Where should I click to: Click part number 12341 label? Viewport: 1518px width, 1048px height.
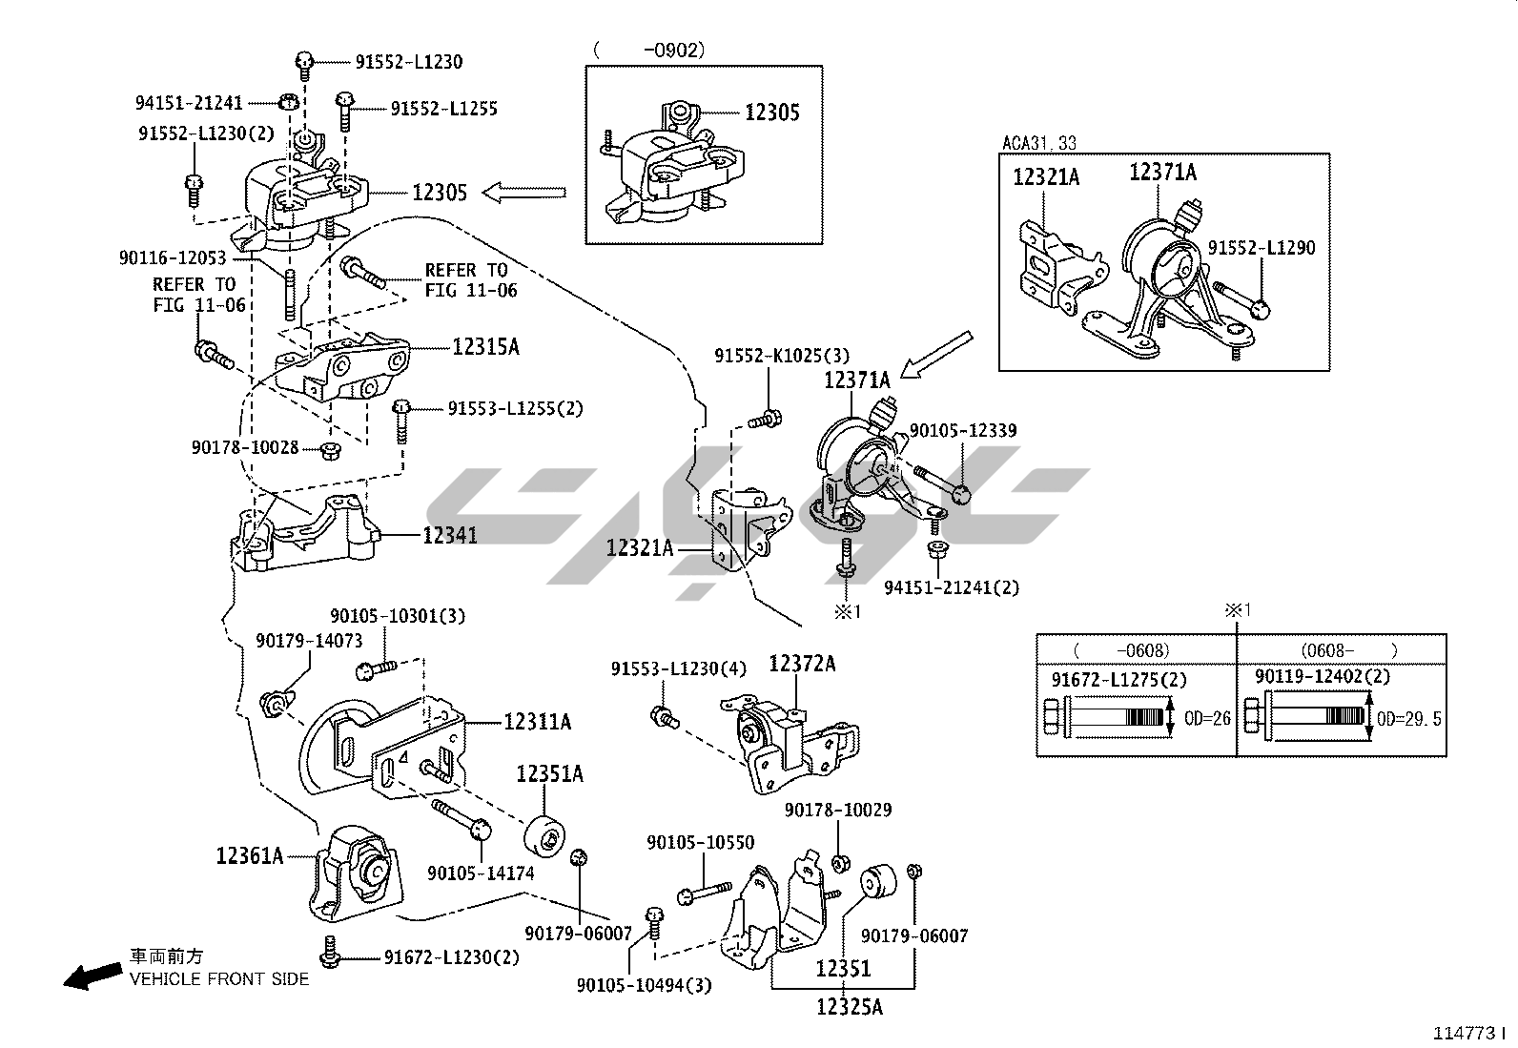[x=450, y=536]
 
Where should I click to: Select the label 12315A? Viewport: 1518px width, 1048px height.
[x=485, y=346]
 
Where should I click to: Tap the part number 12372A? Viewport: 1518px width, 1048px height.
[x=802, y=664]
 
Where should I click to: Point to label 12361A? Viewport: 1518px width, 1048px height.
[x=250, y=855]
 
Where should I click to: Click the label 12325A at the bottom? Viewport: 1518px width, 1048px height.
[x=850, y=1005]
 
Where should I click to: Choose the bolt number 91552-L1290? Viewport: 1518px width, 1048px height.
[x=1262, y=248]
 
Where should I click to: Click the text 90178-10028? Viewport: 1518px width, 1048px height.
[x=245, y=447]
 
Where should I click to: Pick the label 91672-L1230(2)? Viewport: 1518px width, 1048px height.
[x=452, y=956]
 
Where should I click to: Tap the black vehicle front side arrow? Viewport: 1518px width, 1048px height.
[x=92, y=976]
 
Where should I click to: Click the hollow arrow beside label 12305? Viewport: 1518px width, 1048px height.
[x=523, y=194]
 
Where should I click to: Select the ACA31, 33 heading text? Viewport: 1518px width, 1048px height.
[x=1038, y=143]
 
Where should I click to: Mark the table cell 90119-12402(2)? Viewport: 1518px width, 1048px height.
[x=1322, y=676]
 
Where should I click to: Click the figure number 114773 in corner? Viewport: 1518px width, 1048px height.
[x=1467, y=1033]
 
